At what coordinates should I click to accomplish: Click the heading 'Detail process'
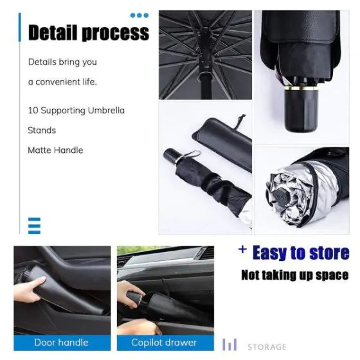click(x=89, y=32)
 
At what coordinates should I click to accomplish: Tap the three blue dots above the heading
click(x=139, y=15)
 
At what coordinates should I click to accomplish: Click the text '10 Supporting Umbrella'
click(x=76, y=111)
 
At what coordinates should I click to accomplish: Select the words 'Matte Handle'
click(x=55, y=150)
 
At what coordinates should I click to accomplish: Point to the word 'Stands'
click(x=42, y=130)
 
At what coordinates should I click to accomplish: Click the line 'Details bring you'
click(x=62, y=62)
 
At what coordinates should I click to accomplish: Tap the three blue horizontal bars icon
click(x=34, y=226)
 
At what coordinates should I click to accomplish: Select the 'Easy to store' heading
click(x=301, y=253)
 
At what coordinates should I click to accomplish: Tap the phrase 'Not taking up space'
click(x=295, y=275)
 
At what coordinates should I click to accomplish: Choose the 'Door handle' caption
click(x=62, y=343)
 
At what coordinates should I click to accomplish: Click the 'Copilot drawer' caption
click(x=165, y=343)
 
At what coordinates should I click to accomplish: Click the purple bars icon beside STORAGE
click(x=230, y=345)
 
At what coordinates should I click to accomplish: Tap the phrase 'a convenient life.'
click(x=62, y=82)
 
